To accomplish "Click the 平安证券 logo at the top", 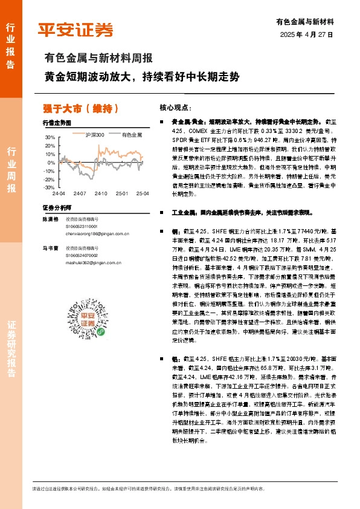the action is point(76,29).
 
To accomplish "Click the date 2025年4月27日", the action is point(307,34).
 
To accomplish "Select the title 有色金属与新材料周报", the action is point(98,59).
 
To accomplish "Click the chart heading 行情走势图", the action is point(57,123).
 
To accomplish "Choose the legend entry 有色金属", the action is point(131,134).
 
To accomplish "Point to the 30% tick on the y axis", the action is point(50,138).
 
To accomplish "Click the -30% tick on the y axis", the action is point(48,187).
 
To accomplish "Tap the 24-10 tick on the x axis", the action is point(101,193).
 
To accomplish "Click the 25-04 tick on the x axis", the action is point(143,193).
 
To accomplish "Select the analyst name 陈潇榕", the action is point(51,219).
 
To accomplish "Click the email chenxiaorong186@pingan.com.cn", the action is point(96,232).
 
